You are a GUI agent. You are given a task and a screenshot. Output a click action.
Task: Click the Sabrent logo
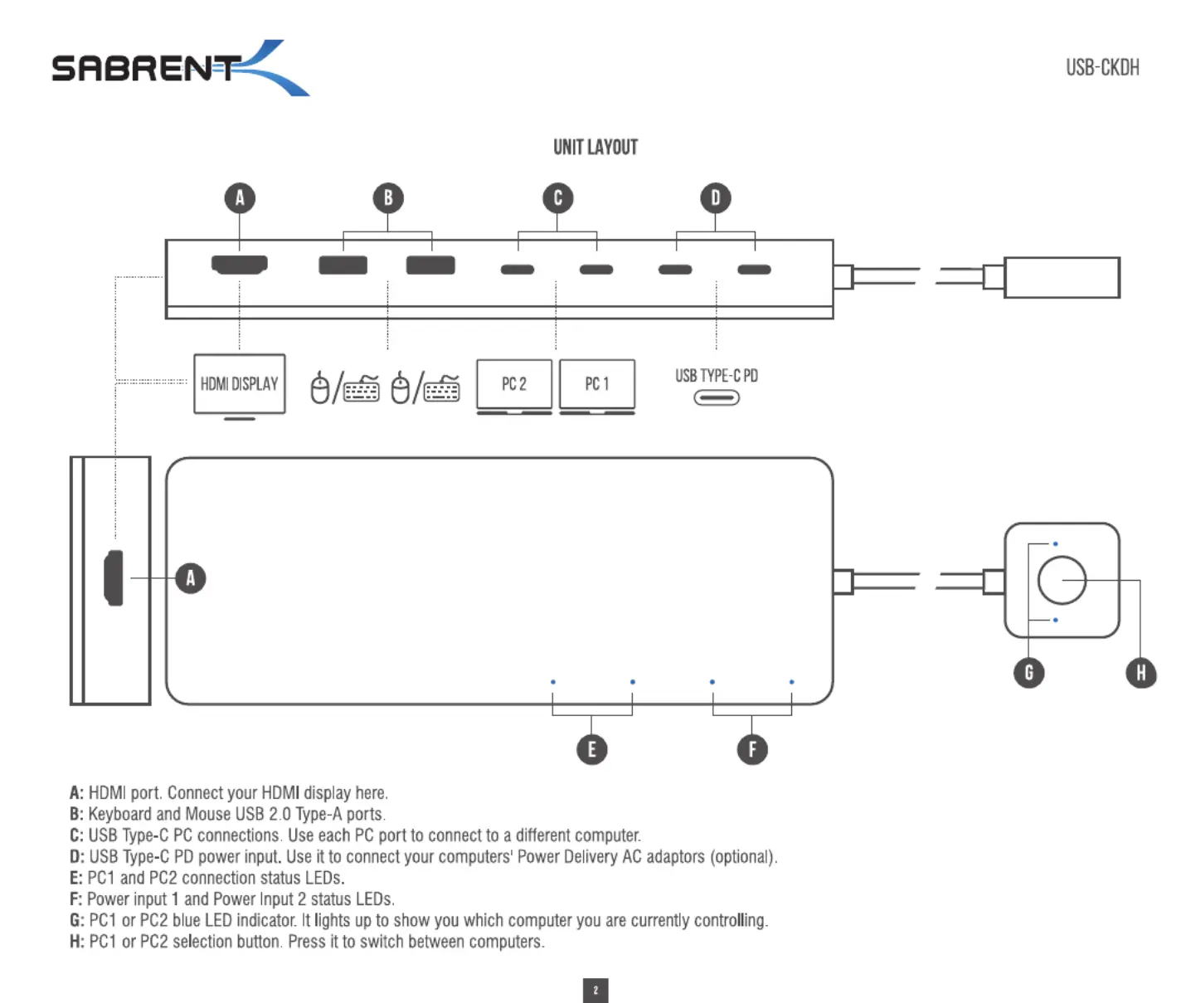[x=180, y=68]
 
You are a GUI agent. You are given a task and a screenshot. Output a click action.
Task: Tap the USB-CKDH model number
[x=1102, y=68]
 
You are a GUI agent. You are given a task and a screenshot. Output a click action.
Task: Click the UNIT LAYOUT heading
[x=595, y=147]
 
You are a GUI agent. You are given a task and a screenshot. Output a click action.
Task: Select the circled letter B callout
[x=388, y=198]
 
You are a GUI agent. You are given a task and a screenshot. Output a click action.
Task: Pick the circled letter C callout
[x=557, y=198]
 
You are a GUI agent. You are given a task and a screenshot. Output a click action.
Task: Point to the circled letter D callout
[x=715, y=198]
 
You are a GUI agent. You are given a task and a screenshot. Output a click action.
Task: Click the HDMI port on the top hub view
[x=240, y=264]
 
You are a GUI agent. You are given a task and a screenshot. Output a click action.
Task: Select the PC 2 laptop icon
[x=514, y=387]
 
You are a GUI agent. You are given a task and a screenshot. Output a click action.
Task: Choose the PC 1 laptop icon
[x=597, y=387]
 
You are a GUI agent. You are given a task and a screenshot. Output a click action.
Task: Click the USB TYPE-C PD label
[x=717, y=376]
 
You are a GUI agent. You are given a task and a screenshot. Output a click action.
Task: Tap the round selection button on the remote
[x=1062, y=580]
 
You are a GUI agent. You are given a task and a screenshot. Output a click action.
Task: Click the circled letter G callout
[x=1029, y=673]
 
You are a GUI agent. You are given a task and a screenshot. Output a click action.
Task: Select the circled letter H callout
[x=1140, y=673]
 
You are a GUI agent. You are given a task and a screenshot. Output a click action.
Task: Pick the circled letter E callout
[x=591, y=749]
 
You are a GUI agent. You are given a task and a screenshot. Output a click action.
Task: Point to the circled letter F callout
[x=751, y=749]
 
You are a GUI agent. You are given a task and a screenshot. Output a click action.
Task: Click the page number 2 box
[x=595, y=991]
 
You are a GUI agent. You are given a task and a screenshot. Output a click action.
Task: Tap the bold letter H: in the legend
[x=77, y=942]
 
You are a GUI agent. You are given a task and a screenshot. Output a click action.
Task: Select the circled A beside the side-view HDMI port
[x=191, y=578]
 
